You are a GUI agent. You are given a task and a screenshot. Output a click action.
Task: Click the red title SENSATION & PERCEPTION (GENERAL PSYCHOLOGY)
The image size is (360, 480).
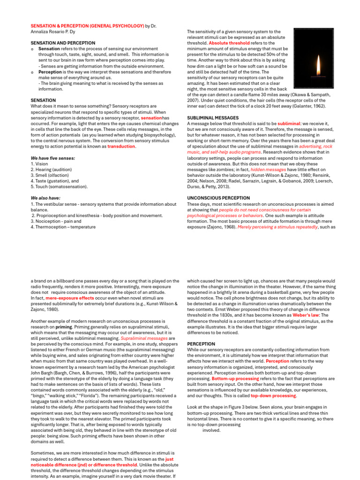87,27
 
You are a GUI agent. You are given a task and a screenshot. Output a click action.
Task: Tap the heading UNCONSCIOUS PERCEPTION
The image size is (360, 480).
218,198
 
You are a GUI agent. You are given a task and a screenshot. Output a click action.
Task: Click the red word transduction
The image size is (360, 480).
121,146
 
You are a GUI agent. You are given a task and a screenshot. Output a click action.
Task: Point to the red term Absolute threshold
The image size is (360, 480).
229,43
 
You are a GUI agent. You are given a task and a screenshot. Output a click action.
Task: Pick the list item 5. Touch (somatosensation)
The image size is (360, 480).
59,186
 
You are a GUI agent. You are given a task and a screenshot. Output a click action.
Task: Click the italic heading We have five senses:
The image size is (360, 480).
52,158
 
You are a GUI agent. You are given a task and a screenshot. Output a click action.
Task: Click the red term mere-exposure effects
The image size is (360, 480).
69,298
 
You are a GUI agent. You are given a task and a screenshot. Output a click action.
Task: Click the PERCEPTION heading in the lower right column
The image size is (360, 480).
201,344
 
